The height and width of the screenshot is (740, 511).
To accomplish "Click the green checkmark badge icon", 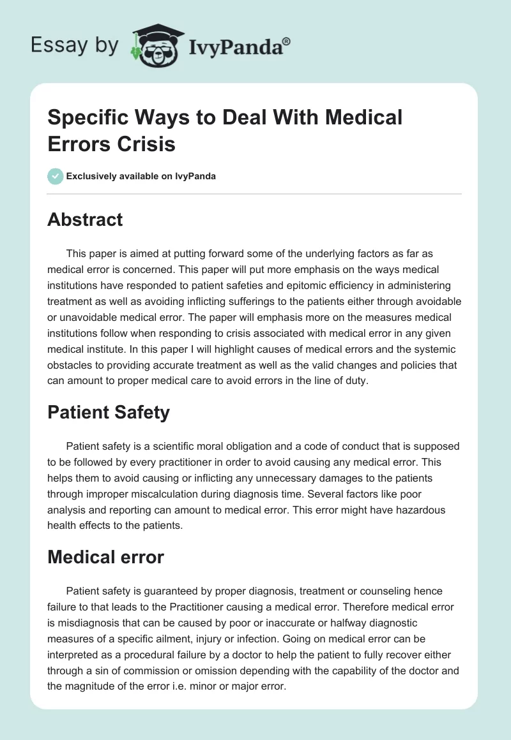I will tap(56, 176).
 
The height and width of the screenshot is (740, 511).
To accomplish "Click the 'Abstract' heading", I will tap(85, 219).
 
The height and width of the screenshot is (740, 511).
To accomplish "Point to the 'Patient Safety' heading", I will tap(109, 412).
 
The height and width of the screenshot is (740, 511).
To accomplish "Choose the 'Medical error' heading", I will tap(105, 557).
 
